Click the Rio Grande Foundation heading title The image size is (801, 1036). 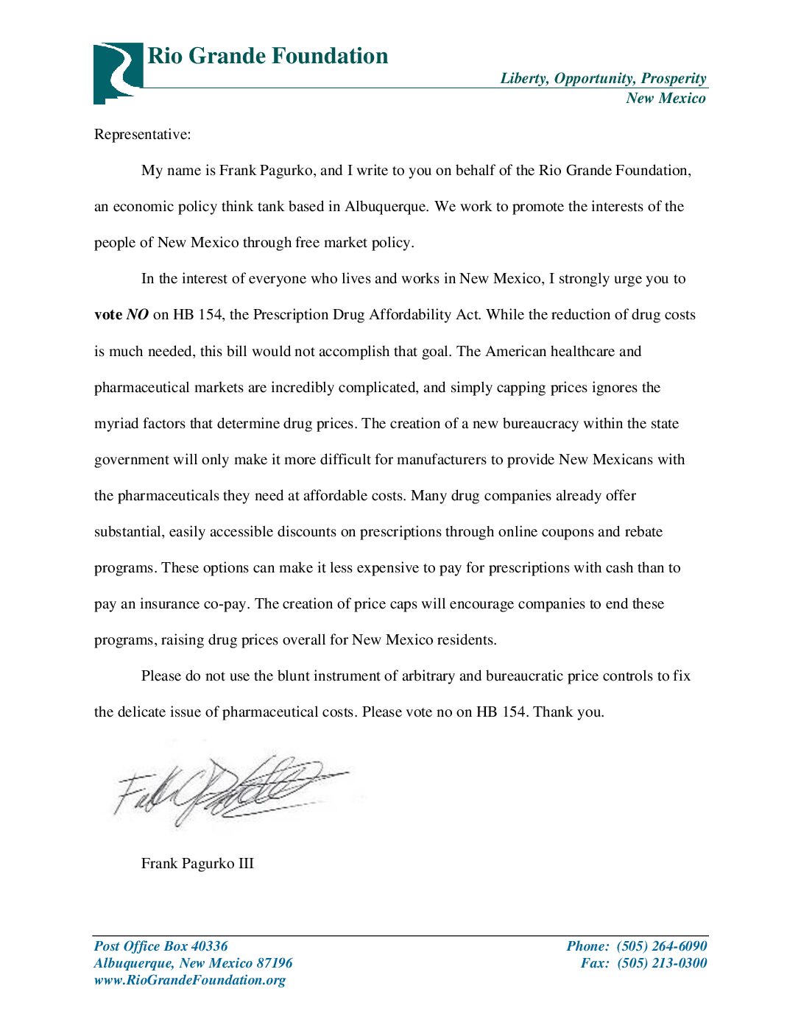pos(267,56)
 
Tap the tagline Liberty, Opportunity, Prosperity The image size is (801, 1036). pos(603,79)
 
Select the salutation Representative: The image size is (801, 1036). pos(142,135)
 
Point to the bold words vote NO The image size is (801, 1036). pos(121,315)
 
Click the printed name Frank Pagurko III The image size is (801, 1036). pos(197,864)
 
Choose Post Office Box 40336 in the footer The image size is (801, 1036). pos(161,946)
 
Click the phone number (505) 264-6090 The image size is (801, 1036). pos(662,946)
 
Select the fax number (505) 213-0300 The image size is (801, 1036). pos(662,963)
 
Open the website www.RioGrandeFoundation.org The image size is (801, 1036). pos(190,980)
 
